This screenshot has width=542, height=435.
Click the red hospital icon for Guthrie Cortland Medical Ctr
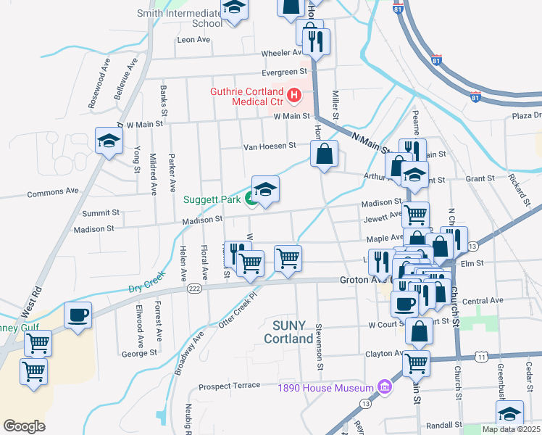tap(293, 95)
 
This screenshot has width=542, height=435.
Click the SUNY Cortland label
tap(288, 331)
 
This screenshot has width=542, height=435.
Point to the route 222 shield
tap(194, 288)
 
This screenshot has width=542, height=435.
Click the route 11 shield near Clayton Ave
tap(482, 357)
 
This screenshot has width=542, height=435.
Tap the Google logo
tap(25, 426)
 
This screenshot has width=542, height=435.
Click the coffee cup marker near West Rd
tap(78, 315)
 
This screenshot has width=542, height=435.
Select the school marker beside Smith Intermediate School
tap(234, 9)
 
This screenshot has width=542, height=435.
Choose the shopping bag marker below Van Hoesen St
tap(324, 153)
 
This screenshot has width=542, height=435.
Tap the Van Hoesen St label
tap(269, 145)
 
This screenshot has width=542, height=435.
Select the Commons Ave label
tap(52, 193)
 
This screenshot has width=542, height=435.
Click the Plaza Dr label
tap(526, 116)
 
